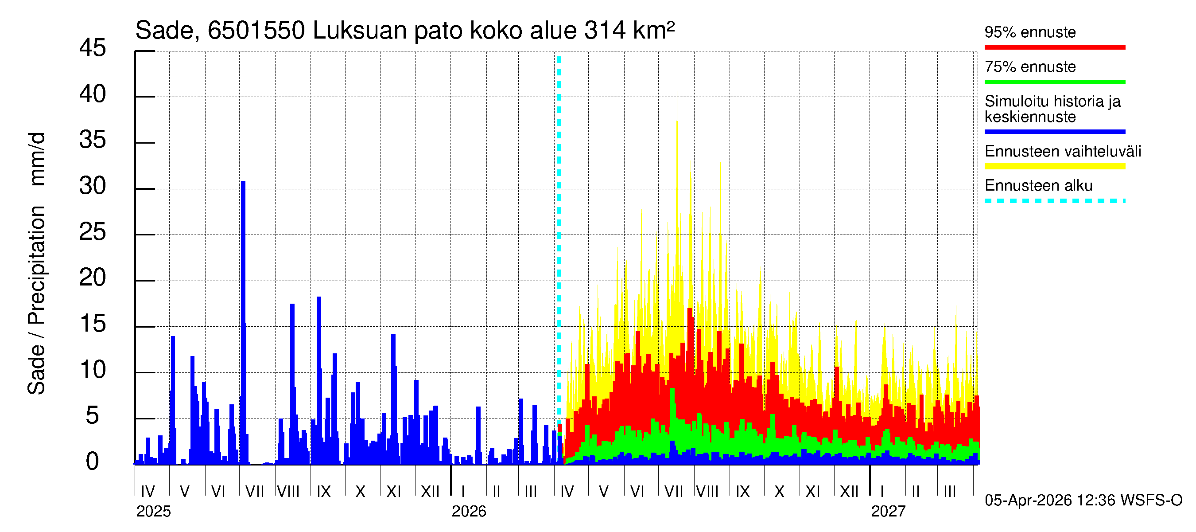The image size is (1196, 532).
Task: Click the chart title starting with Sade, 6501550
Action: [404, 31]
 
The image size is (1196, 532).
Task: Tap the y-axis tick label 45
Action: [93, 48]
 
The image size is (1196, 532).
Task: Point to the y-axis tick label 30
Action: [93, 186]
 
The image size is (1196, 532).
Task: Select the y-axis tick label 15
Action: [93, 324]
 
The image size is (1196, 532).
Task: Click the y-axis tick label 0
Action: [93, 462]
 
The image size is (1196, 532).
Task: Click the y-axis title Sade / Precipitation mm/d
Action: [36, 263]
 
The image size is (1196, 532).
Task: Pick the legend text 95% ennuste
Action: [1030, 32]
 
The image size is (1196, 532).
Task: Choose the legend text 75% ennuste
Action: [1030, 67]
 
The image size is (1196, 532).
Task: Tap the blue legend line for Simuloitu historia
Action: [1054, 132]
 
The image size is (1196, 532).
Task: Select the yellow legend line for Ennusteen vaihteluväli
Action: [1054, 166]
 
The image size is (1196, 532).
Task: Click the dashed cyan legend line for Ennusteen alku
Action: [1054, 201]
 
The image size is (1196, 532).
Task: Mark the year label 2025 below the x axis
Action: [153, 512]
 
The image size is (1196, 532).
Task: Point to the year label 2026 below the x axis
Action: [469, 512]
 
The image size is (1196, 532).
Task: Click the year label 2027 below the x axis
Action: [888, 512]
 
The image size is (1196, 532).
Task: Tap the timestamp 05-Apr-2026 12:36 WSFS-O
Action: [1083, 501]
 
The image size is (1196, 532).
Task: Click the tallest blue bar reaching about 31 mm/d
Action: [243, 279]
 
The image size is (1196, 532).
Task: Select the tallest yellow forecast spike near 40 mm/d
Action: [677, 139]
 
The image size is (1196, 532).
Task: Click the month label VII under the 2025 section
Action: [254, 491]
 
